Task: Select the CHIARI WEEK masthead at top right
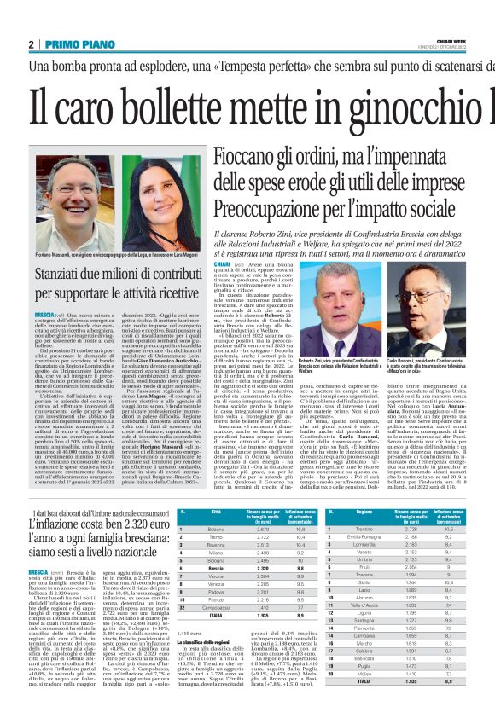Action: click(x=451, y=39)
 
